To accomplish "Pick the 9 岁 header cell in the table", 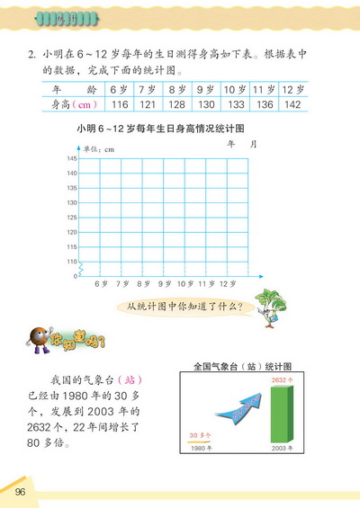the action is tap(204, 89).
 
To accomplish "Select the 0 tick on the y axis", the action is tap(75, 276).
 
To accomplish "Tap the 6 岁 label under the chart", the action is tap(101, 284).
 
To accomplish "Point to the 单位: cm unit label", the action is tap(99, 148).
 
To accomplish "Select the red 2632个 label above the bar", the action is tap(282, 379).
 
